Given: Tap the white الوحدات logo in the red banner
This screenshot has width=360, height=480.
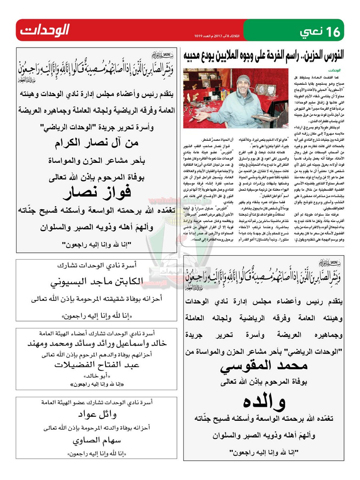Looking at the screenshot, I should [x=45, y=30].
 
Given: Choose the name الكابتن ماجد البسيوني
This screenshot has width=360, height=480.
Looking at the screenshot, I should [x=97, y=281].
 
